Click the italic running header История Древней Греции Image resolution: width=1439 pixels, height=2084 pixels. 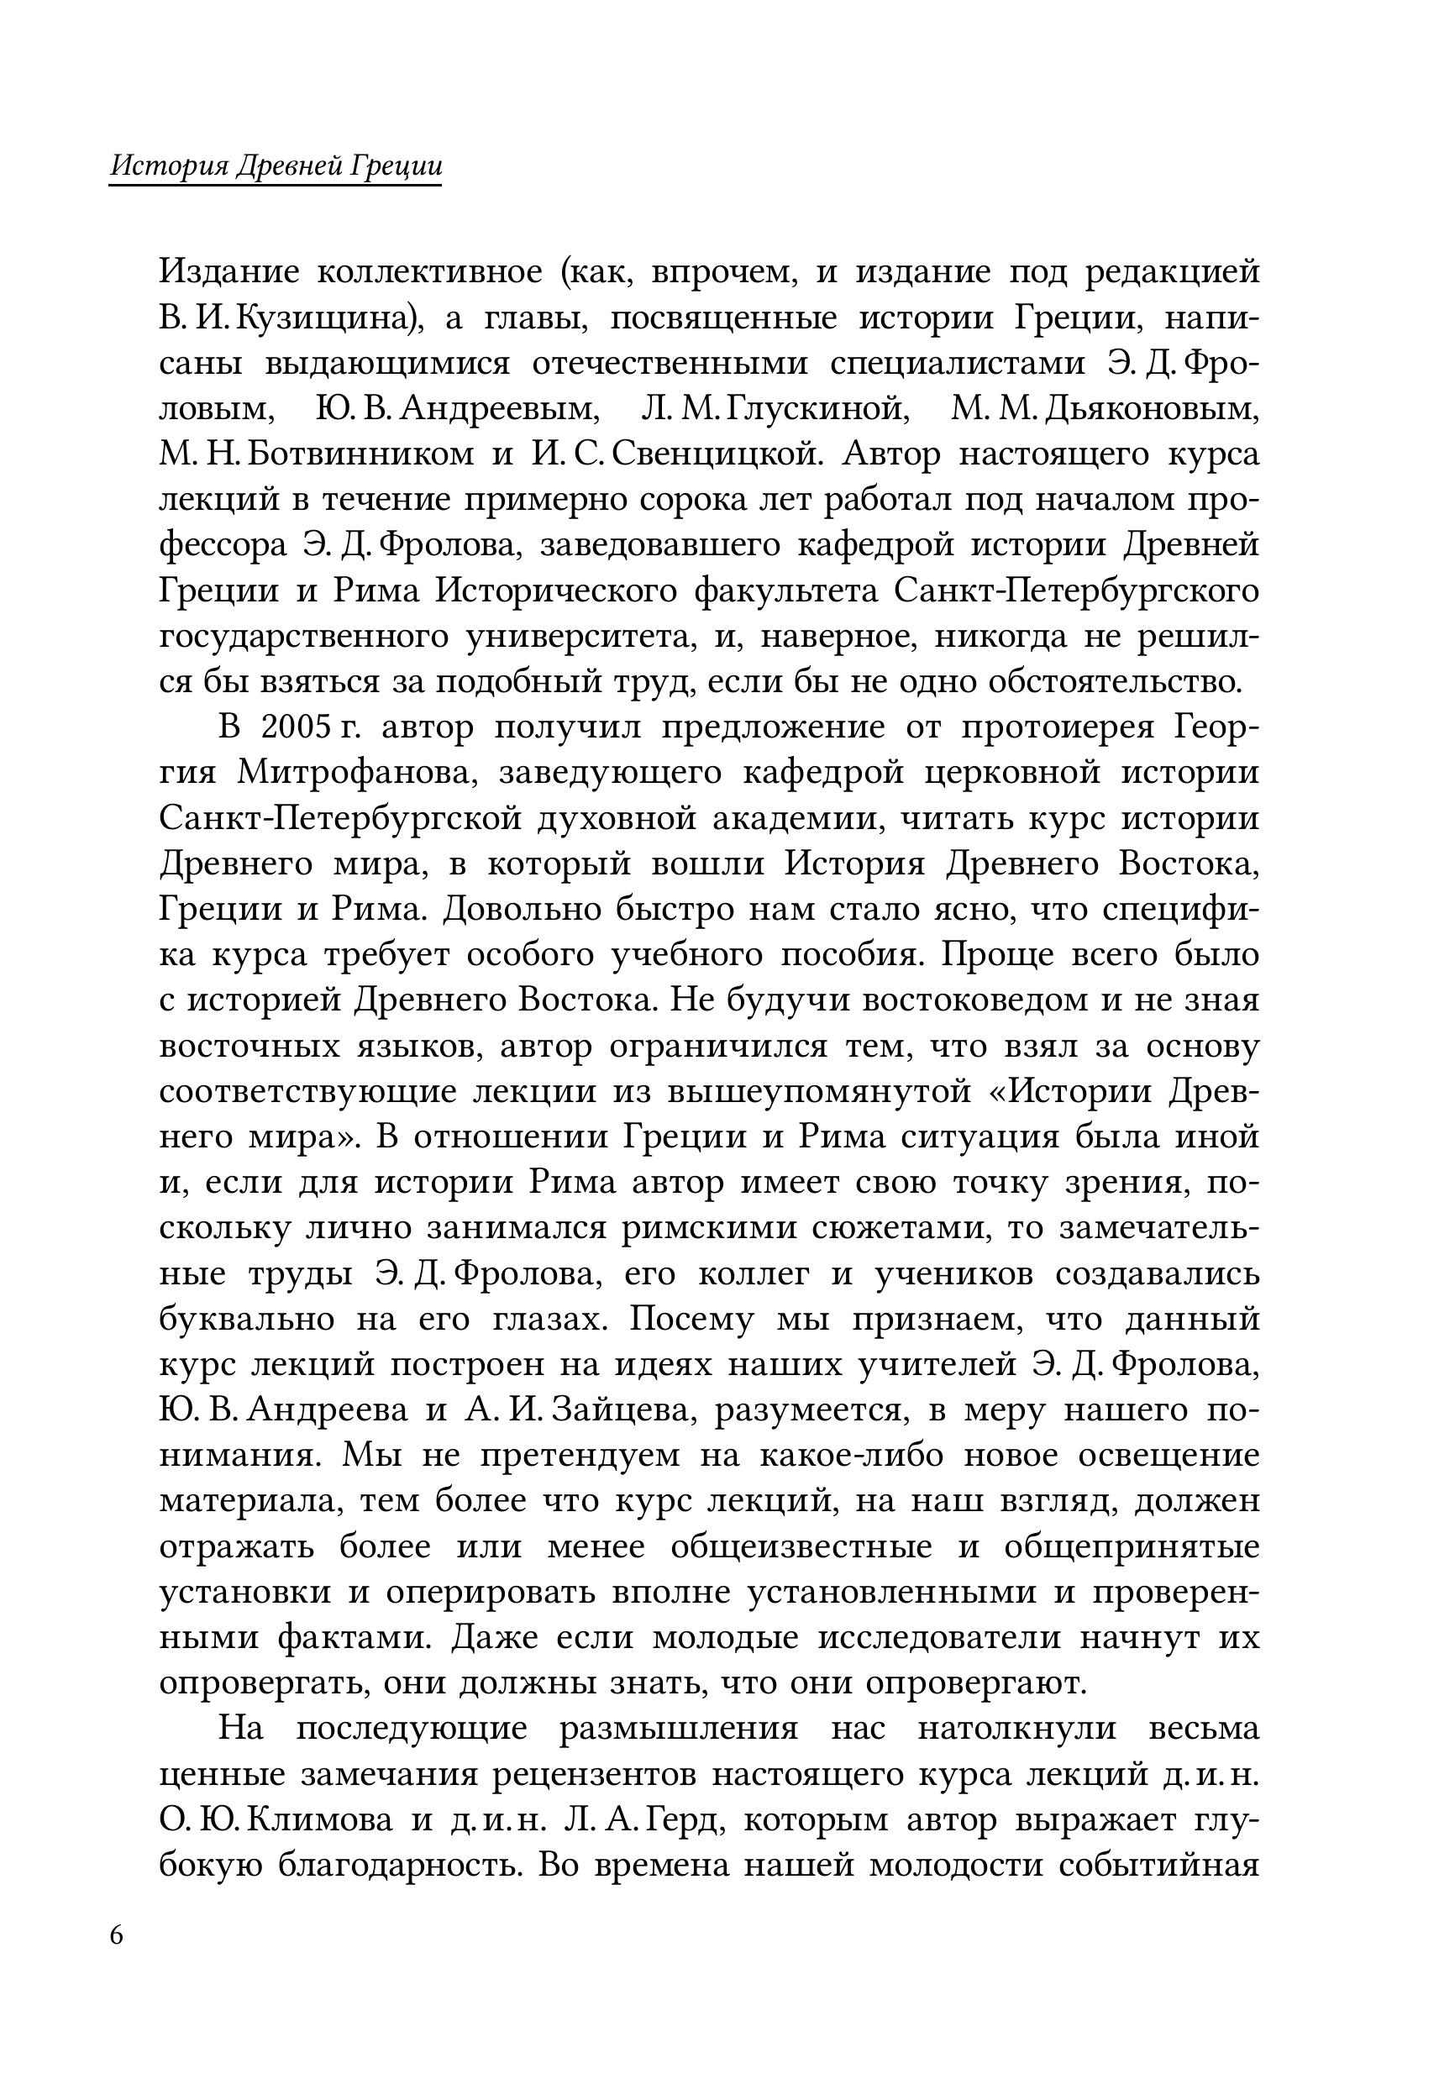pos(275,167)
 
